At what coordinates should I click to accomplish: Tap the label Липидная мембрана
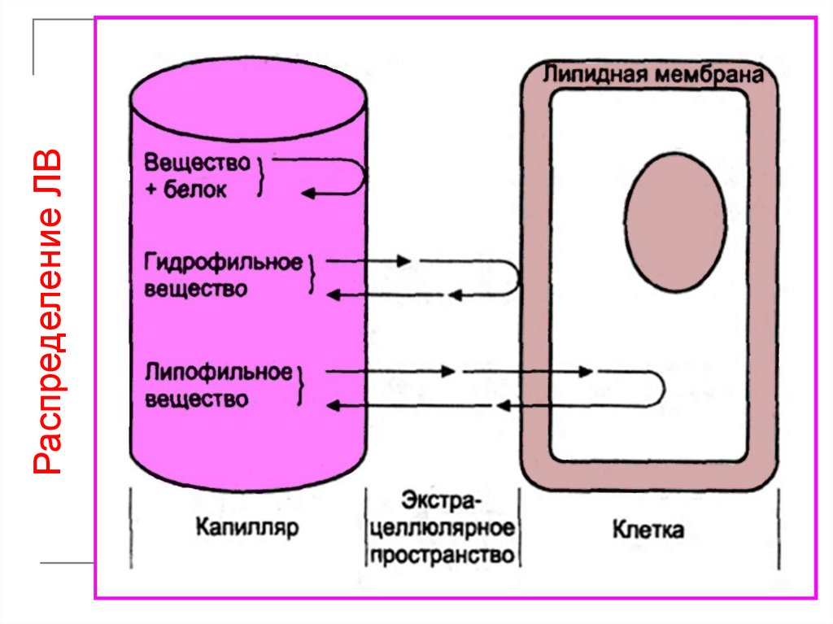652,75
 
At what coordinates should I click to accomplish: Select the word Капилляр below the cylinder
246,528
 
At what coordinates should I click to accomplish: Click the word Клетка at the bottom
648,530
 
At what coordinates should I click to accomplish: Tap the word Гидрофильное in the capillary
223,263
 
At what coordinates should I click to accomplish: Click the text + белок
186,190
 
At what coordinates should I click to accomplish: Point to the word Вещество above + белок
197,162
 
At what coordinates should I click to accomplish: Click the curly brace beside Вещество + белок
261,177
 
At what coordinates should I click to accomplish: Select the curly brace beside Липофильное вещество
303,386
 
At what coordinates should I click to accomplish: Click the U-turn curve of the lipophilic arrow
661,389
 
